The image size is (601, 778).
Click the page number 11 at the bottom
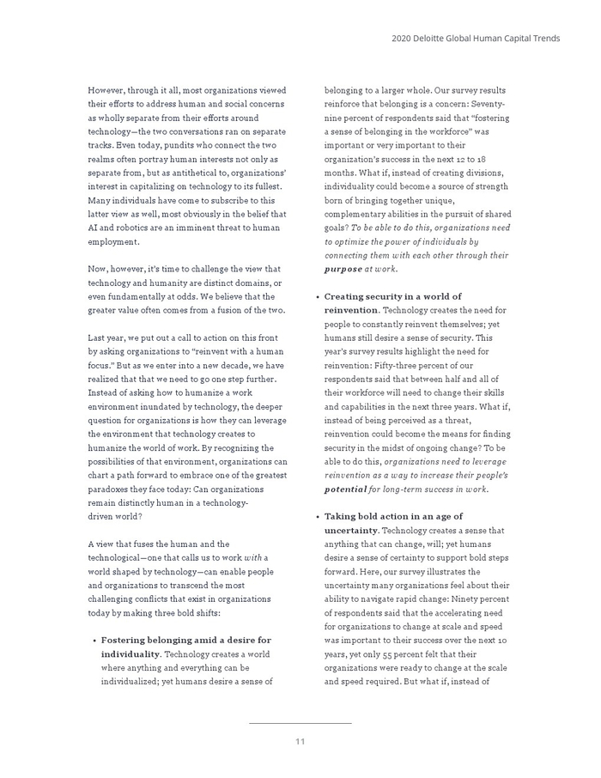click(x=300, y=741)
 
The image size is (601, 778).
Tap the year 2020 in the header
click(x=402, y=38)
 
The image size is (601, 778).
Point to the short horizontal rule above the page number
click(x=300, y=724)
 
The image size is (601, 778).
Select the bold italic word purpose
click(x=343, y=269)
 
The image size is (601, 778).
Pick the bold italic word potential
click(x=345, y=489)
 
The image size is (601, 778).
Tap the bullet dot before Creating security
click(x=318, y=296)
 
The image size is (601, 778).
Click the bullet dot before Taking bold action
click(x=318, y=516)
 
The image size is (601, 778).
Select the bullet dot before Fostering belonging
click(x=94, y=640)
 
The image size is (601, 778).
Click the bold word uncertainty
click(x=352, y=530)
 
